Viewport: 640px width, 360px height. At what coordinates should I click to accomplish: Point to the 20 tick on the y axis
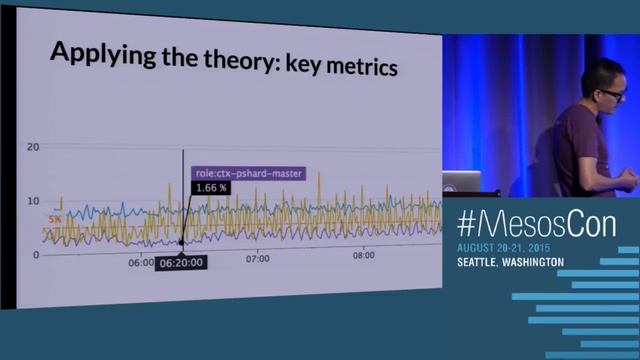click(33, 147)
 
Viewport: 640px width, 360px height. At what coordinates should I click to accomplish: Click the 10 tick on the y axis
click(33, 201)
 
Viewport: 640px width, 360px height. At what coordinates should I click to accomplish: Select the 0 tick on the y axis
click(36, 255)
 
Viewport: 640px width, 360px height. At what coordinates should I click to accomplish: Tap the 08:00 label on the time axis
click(364, 255)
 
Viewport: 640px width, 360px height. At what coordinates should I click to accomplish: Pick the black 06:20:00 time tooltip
click(182, 262)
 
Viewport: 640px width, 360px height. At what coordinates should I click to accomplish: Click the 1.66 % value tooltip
click(211, 188)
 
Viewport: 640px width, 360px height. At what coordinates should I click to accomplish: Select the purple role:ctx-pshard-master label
click(248, 174)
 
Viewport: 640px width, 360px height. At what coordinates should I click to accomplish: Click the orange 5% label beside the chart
click(54, 219)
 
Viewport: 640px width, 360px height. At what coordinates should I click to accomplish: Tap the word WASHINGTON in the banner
click(535, 262)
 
